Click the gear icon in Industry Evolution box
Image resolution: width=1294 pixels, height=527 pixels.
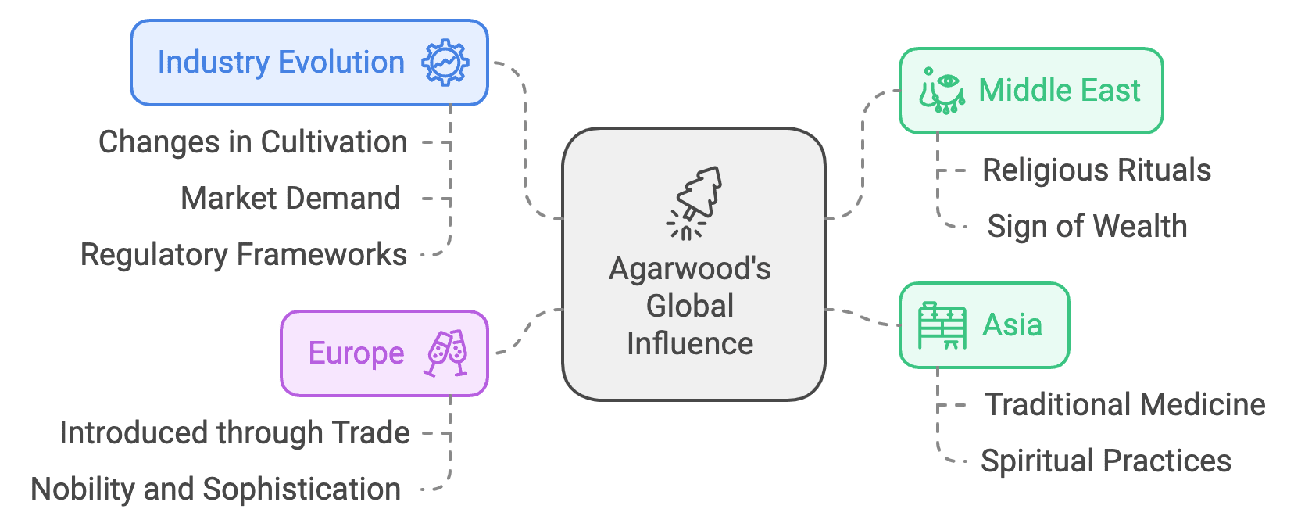(445, 63)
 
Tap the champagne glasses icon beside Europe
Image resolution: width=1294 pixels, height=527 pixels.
(446, 353)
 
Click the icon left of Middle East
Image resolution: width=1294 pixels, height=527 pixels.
(941, 91)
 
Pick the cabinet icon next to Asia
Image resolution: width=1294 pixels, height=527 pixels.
(942, 325)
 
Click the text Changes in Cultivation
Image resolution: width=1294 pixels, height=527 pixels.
(252, 142)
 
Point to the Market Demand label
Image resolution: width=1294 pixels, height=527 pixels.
(291, 199)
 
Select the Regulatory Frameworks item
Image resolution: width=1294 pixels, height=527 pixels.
(244, 255)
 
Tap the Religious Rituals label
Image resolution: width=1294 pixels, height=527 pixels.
(1096, 170)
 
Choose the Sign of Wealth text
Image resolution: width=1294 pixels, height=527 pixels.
(1087, 227)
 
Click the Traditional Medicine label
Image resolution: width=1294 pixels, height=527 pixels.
(1124, 405)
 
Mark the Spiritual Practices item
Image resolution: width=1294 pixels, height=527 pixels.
(1106, 461)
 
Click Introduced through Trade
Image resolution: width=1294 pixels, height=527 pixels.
(234, 433)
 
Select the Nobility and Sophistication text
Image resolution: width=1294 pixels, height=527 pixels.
(216, 489)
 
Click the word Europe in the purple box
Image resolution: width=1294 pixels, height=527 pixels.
(356, 353)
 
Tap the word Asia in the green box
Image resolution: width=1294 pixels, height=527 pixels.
(1012, 325)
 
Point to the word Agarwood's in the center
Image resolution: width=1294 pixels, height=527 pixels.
(690, 269)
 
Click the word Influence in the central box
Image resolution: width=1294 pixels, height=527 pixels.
(690, 344)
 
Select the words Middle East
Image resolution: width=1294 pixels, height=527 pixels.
(1060, 91)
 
